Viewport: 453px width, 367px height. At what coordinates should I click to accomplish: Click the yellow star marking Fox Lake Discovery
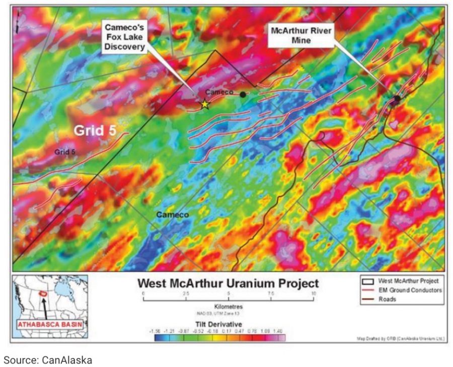point(205,104)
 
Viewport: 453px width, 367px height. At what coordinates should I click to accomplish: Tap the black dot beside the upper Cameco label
point(243,94)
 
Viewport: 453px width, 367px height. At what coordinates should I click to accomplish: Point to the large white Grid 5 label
point(95,130)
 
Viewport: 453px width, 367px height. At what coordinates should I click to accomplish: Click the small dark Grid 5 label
point(65,151)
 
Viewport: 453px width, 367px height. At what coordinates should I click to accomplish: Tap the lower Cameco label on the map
point(172,215)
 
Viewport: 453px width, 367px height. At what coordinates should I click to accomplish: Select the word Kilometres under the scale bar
point(229,306)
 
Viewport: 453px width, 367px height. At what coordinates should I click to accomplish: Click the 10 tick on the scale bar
point(314,294)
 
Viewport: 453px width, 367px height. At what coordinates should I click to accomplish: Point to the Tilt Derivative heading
point(229,323)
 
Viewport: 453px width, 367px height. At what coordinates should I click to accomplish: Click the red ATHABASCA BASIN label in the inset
point(49,325)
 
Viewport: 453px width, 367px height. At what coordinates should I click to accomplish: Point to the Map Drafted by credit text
point(401,338)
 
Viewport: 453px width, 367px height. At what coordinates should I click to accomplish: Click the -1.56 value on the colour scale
point(157,330)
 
